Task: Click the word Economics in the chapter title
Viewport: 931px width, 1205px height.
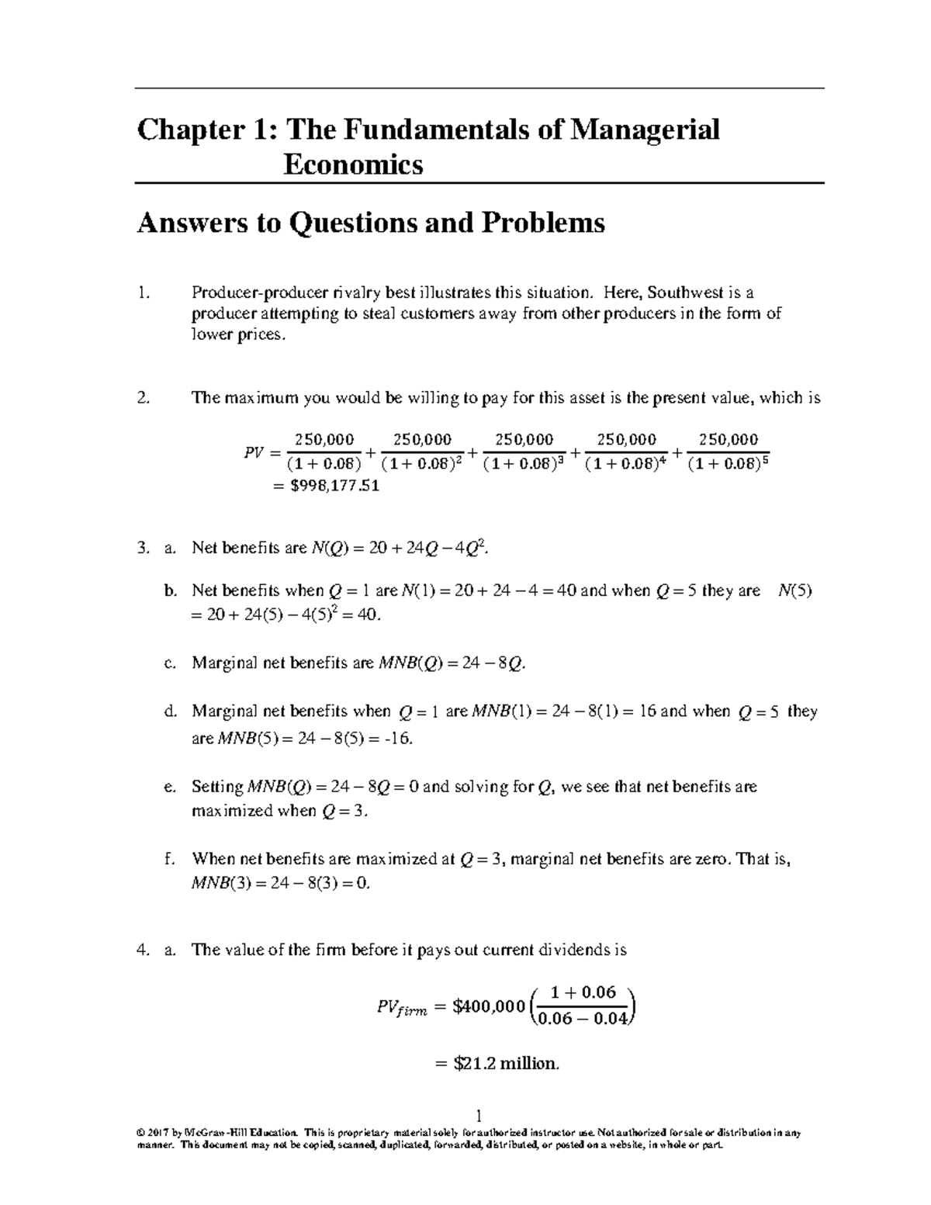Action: tap(353, 164)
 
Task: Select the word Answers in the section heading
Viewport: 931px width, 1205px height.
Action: tap(187, 223)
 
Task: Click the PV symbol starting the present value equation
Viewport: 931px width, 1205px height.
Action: tap(254, 452)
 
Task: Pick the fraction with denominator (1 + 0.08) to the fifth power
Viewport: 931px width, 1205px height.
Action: tap(729, 452)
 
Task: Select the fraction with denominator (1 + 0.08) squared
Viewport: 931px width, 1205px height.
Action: tap(422, 452)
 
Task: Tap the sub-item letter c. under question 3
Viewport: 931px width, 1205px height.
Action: tap(170, 663)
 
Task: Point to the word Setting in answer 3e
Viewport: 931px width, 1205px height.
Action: tap(217, 787)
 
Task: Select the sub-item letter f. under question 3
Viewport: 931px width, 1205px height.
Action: tap(169, 859)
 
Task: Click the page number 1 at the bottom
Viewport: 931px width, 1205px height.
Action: tap(479, 1117)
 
